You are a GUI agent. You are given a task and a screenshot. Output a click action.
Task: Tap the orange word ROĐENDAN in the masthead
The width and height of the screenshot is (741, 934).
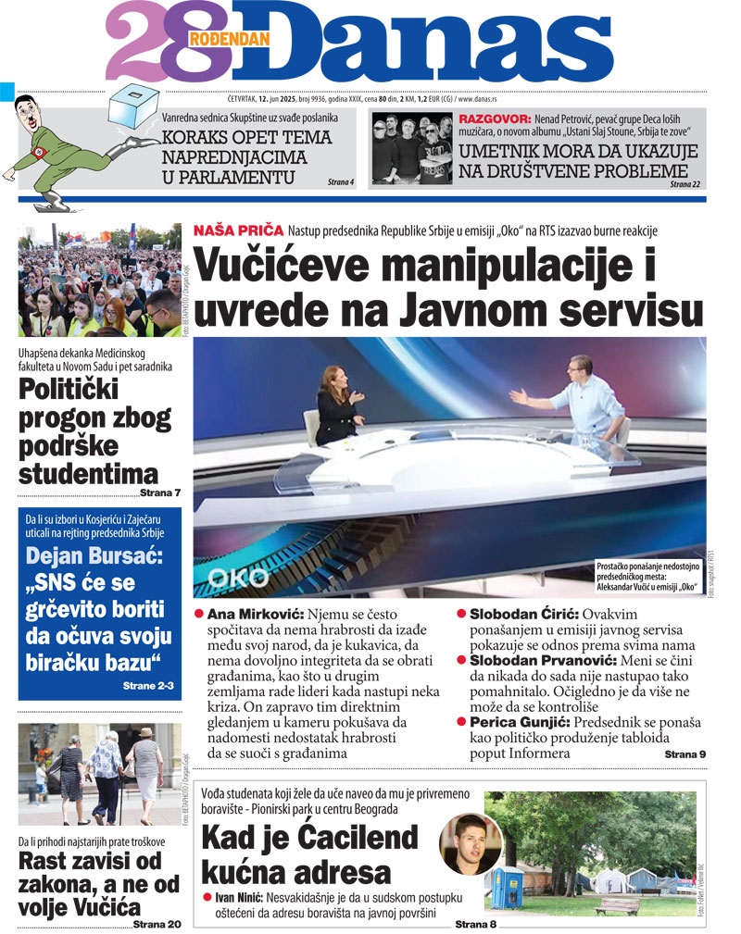[x=228, y=39]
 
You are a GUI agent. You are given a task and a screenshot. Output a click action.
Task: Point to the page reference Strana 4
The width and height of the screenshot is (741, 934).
[x=341, y=182]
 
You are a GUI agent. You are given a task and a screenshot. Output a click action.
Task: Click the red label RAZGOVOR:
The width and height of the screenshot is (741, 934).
[x=495, y=118]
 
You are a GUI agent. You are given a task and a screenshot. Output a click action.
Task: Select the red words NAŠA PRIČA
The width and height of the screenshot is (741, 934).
[x=236, y=230]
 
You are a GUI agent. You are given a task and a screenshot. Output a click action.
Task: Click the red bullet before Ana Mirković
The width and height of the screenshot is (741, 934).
[x=199, y=615]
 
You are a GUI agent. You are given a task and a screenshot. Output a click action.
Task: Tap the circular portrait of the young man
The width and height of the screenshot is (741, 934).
[x=471, y=849]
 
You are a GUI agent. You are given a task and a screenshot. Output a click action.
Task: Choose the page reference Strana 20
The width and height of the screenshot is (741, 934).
[x=157, y=923]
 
